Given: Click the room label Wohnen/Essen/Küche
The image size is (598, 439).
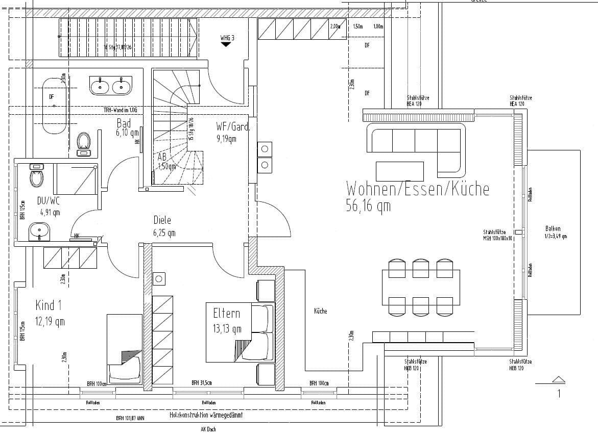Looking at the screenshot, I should click(417, 189).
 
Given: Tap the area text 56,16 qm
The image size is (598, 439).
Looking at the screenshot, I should click(368, 206).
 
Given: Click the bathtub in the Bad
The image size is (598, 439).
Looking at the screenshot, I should click(55, 105).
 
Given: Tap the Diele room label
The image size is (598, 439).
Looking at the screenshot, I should click(162, 220).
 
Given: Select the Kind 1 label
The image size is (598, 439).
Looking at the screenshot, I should click(49, 305).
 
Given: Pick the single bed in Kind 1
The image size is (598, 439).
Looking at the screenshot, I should click(125, 347).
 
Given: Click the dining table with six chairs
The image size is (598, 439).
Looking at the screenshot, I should click(421, 287).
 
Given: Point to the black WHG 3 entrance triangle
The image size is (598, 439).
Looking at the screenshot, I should click(226, 45).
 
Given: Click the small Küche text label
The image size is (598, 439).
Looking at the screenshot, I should click(320, 311).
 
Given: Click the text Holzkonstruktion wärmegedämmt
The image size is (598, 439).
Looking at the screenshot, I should click(206, 416).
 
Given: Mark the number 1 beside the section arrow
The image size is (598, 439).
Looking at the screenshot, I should click(559, 393).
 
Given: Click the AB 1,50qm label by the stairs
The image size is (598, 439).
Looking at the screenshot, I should click(166, 161).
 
